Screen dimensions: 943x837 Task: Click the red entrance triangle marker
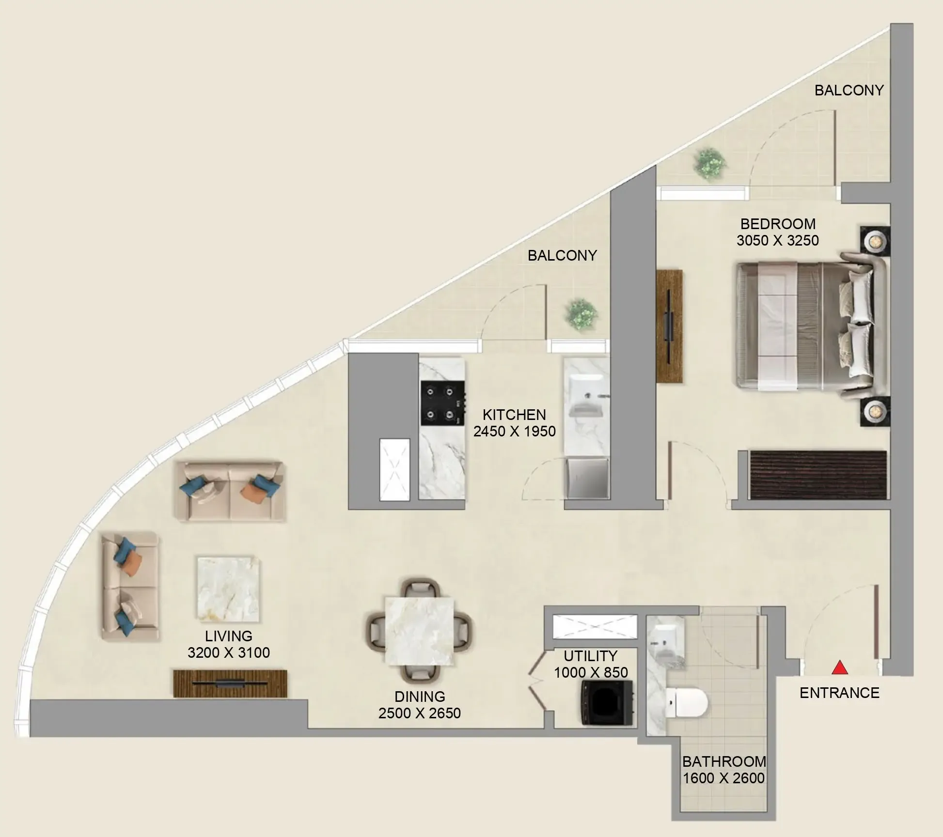(x=839, y=668)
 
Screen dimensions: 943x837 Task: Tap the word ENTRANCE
(x=839, y=693)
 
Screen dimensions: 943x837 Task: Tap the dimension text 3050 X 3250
(x=778, y=241)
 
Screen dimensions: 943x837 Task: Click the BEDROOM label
(x=778, y=224)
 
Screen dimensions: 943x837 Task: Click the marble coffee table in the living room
(x=227, y=589)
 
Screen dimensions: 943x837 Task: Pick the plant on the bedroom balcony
(x=710, y=164)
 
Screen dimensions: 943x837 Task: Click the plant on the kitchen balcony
(x=580, y=314)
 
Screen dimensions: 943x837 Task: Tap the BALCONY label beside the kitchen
(x=562, y=255)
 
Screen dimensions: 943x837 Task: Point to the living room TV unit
(x=230, y=683)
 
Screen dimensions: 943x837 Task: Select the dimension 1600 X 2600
(x=724, y=778)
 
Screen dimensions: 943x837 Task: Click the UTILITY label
(x=590, y=656)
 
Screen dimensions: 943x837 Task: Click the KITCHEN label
(x=514, y=415)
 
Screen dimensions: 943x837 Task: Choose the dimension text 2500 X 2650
(x=420, y=713)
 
